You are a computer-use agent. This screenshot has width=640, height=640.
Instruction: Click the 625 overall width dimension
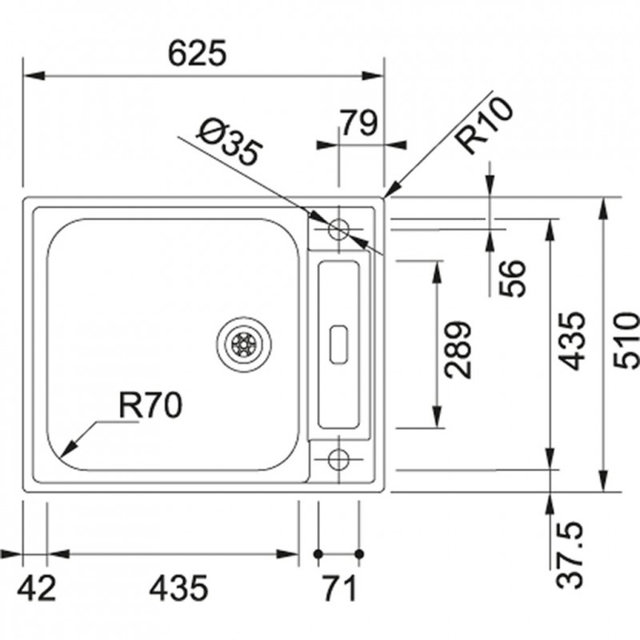point(198,54)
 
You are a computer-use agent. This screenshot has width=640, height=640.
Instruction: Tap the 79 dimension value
point(359,124)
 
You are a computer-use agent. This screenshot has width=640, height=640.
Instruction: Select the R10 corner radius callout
point(484,130)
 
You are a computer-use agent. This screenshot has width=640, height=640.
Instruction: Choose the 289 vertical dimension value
point(458,350)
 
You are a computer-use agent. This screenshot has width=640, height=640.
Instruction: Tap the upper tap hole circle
point(338,229)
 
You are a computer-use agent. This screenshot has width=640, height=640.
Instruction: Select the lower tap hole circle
point(338,459)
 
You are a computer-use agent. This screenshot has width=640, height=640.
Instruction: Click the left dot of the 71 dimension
point(318,554)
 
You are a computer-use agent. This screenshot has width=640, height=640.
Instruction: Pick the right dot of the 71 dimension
point(358,554)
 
